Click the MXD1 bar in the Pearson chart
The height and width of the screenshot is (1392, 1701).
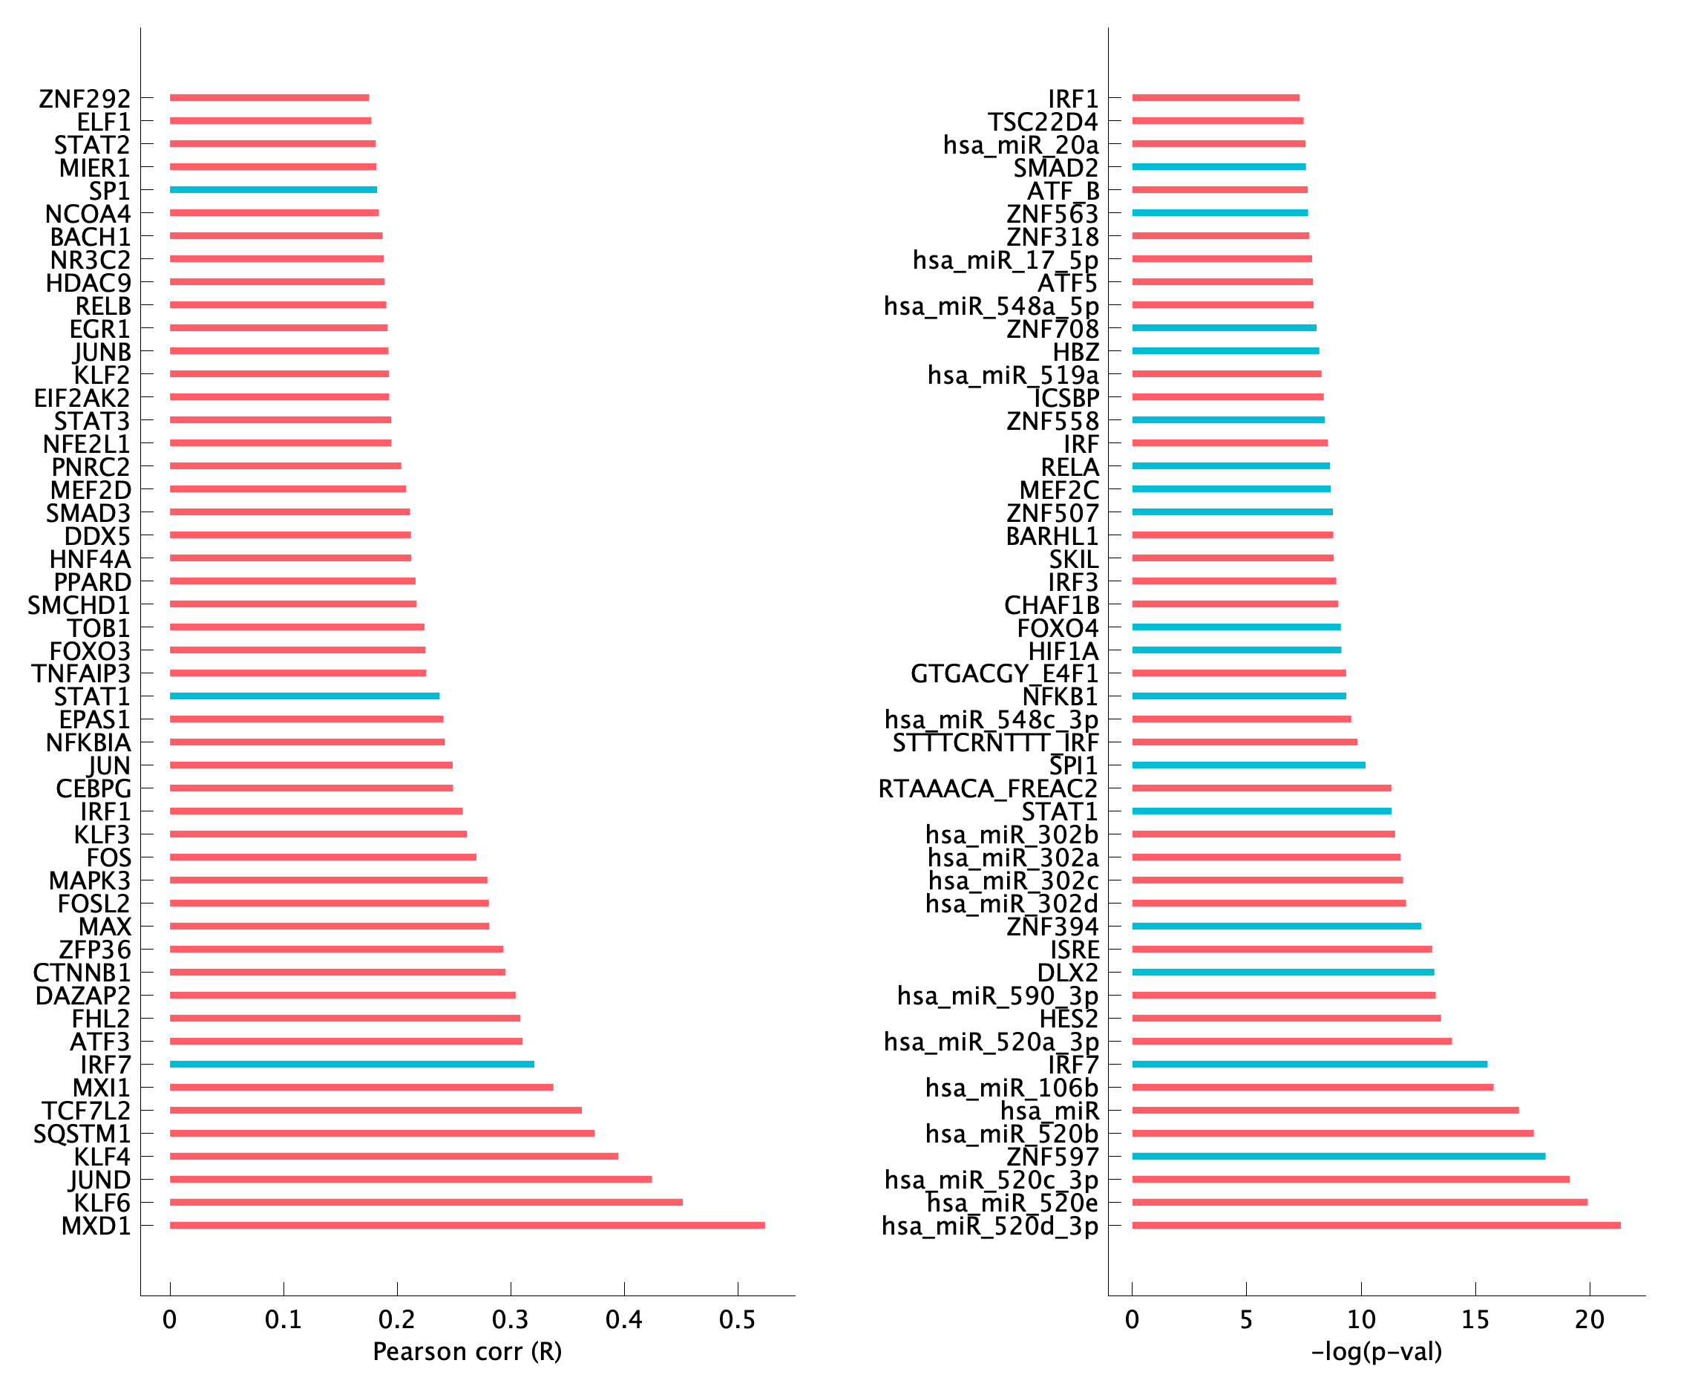(x=467, y=1225)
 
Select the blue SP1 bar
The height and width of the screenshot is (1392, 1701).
(x=272, y=190)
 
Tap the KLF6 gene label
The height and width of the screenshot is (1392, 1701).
(x=102, y=1203)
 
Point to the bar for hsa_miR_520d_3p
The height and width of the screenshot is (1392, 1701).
(x=1375, y=1225)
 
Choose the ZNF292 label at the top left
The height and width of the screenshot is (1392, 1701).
(x=84, y=99)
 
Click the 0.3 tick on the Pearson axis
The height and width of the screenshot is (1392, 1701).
(x=511, y=1319)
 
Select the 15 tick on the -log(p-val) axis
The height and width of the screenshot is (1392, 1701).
(x=1475, y=1319)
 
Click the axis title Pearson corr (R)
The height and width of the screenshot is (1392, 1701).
(x=468, y=1352)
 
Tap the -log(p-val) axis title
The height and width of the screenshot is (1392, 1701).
(x=1377, y=1352)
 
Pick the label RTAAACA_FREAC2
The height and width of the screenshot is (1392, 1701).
(x=988, y=789)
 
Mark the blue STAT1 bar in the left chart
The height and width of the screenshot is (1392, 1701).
(x=304, y=696)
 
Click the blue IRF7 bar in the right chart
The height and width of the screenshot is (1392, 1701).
(x=1309, y=1064)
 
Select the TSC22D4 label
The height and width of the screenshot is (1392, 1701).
(x=1042, y=122)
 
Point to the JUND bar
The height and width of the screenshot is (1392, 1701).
(x=410, y=1180)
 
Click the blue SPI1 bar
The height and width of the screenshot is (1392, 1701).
(x=1248, y=765)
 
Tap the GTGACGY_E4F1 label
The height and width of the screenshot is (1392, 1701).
(x=1003, y=673)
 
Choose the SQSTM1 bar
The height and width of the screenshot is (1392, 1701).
(x=381, y=1133)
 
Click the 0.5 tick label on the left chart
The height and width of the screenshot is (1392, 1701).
(x=737, y=1319)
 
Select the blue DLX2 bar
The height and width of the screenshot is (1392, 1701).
(x=1282, y=972)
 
